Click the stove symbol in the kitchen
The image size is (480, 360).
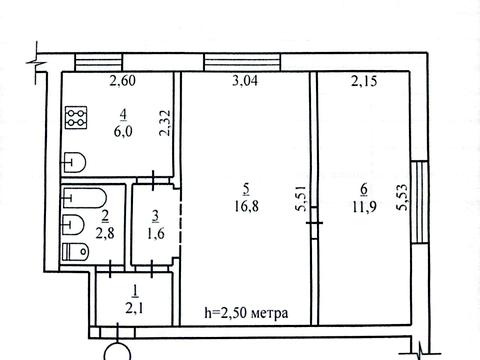[x=76, y=117]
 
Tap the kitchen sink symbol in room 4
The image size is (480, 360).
[x=74, y=162]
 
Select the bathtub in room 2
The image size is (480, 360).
[x=85, y=198]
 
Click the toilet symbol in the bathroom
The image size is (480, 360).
[x=76, y=252]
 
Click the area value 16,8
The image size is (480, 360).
[x=246, y=207]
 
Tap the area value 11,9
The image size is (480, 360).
[x=364, y=207]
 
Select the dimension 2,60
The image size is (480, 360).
[x=123, y=81]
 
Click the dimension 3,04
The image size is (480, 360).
[x=245, y=81]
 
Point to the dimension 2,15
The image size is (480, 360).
[x=364, y=81]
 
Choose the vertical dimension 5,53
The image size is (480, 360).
[x=402, y=197]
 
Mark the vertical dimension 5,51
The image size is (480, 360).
[x=301, y=198]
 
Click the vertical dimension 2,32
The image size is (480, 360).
[x=166, y=123]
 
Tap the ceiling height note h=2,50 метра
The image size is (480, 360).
[x=246, y=313]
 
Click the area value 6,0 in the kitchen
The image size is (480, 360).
[x=123, y=131]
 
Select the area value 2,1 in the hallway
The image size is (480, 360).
[x=134, y=309]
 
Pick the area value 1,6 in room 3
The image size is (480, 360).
[x=155, y=234]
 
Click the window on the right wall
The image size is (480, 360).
[x=420, y=202]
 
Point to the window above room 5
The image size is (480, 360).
[x=242, y=62]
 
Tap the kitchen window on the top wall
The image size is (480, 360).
[x=98, y=62]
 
